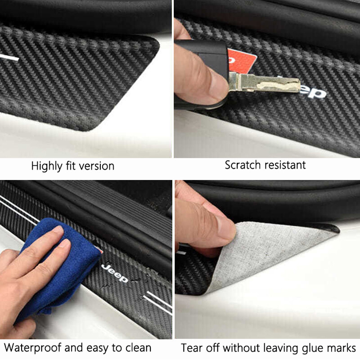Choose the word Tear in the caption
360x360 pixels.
click(190, 348)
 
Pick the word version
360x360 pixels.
click(96, 166)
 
